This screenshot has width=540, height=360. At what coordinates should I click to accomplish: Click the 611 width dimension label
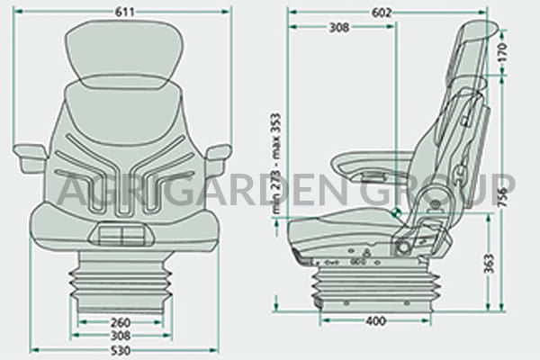124,12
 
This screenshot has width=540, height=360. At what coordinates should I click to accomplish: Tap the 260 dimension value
121,323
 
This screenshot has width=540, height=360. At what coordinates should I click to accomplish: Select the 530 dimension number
121,350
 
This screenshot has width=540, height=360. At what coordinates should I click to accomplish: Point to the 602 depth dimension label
382,13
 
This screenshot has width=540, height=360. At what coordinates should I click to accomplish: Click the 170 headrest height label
503,52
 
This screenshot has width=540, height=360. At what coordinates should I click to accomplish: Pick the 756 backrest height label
503,197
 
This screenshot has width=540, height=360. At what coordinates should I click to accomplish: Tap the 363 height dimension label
489,263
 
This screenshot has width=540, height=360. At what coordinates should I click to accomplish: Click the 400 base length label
375,321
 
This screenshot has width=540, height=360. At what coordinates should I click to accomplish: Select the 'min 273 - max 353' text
276,164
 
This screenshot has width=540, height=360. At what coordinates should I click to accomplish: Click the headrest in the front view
124,53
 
